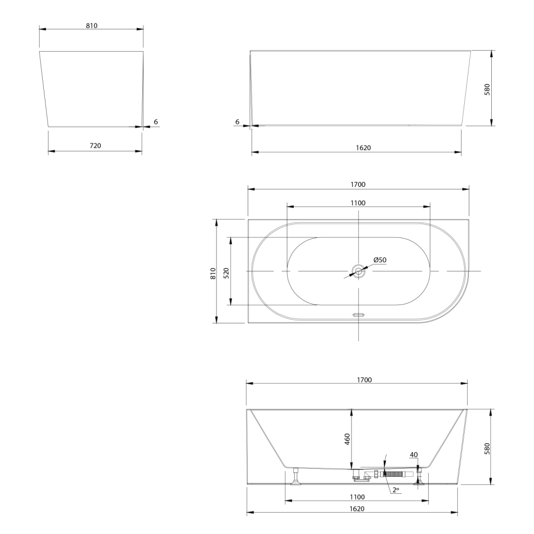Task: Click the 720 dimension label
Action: coord(95,145)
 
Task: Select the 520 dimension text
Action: coord(226,273)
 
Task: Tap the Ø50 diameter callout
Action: coord(380,260)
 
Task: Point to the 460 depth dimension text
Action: coord(347,439)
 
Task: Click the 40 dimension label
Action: coord(414,455)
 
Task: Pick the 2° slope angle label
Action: coord(395,490)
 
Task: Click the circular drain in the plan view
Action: coord(358,271)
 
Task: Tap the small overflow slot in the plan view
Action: coord(358,315)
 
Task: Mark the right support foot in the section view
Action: coord(419,476)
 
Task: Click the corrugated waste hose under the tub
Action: coord(394,474)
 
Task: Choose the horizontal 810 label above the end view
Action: coord(92,26)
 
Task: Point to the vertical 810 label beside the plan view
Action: coord(213,273)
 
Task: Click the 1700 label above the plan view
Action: coord(358,185)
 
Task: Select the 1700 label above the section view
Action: coord(365,380)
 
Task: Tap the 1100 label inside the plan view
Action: coord(358,203)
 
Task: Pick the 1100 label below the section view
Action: coord(357,497)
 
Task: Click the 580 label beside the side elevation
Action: coord(487,89)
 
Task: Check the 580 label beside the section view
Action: coord(487,448)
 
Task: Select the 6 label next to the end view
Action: coord(156,122)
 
